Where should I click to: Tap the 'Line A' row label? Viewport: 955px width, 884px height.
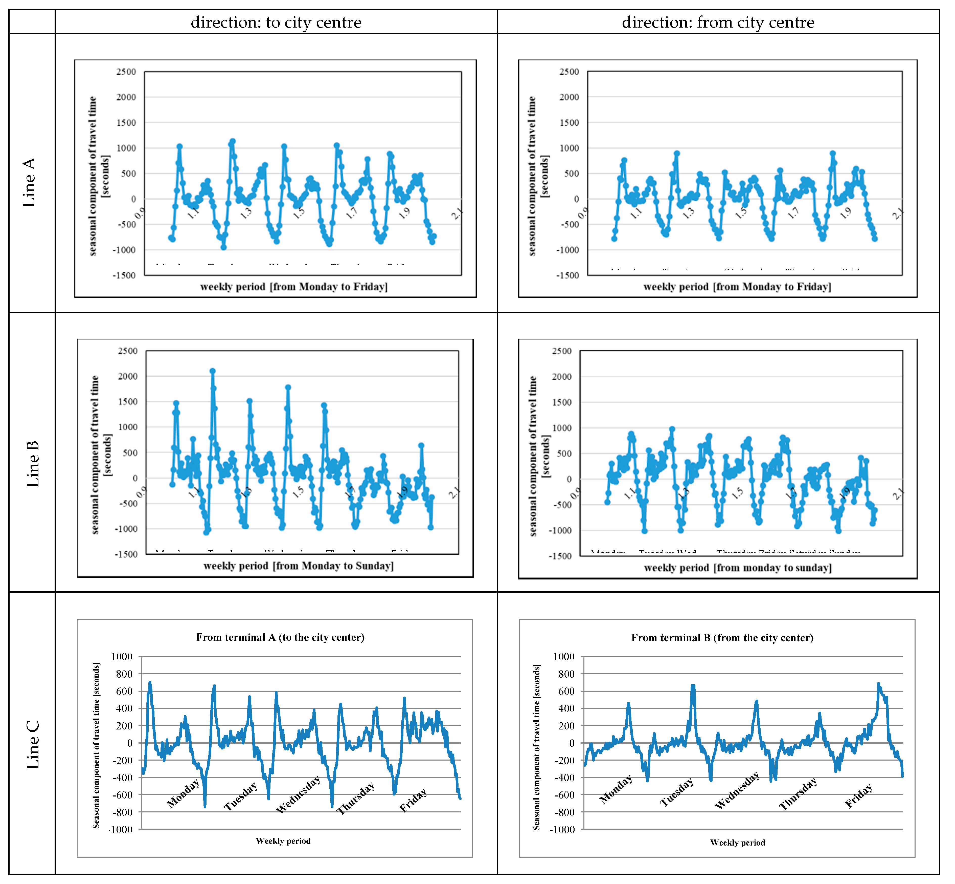coord(30,182)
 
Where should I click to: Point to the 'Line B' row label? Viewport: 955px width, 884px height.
coord(33,464)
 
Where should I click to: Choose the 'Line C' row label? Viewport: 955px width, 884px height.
coord(33,745)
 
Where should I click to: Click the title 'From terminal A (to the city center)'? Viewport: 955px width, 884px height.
coord(280,637)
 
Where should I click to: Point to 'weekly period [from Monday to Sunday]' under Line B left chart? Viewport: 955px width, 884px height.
coord(298,566)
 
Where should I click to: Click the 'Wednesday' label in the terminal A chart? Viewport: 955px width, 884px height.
coord(298,795)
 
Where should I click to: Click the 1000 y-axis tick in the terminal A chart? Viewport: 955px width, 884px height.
coord(122,656)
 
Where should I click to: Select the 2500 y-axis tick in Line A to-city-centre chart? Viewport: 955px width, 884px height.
coord(126,72)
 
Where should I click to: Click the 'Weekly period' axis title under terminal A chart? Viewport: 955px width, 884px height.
coord(283,841)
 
